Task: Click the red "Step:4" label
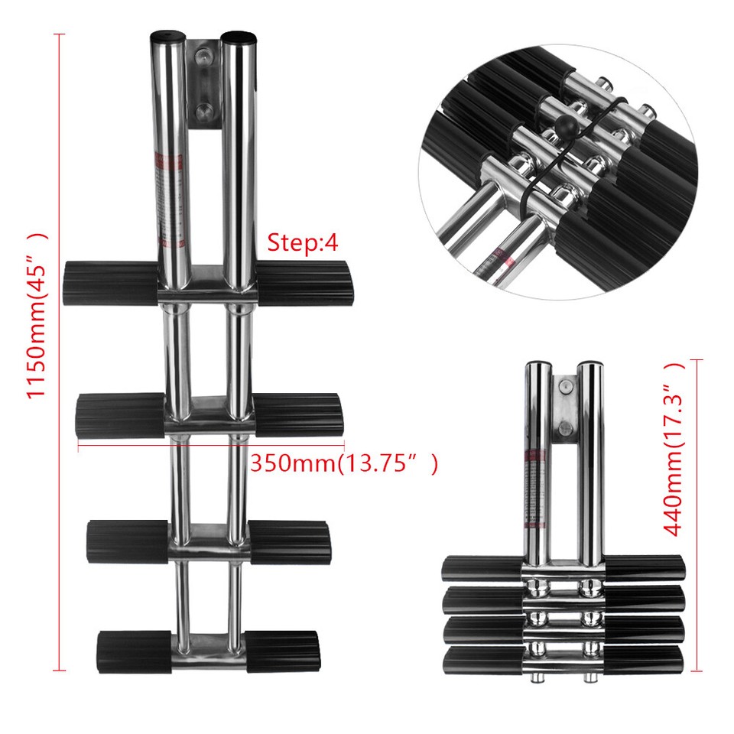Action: pyautogui.click(x=302, y=243)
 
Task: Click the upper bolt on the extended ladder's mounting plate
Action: pyautogui.click(x=203, y=58)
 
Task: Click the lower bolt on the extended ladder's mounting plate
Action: pyautogui.click(x=203, y=112)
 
